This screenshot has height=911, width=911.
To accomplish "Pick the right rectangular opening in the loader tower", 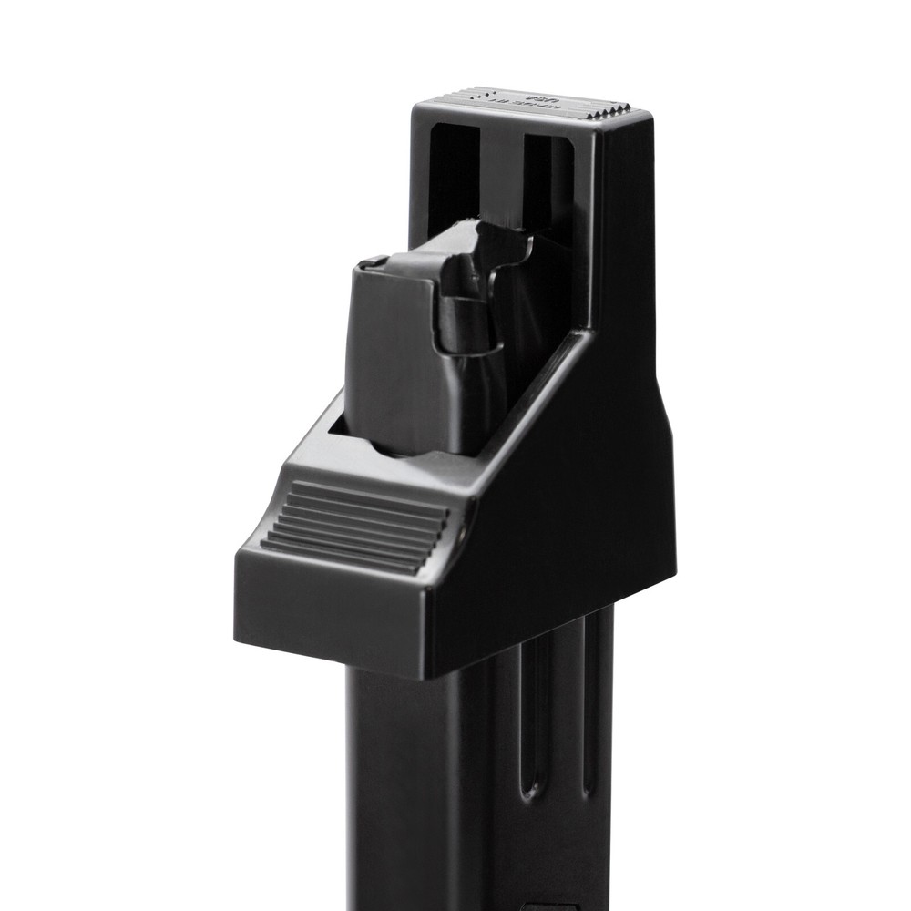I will (548, 182).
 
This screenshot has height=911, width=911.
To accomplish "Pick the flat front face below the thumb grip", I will (328, 606).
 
